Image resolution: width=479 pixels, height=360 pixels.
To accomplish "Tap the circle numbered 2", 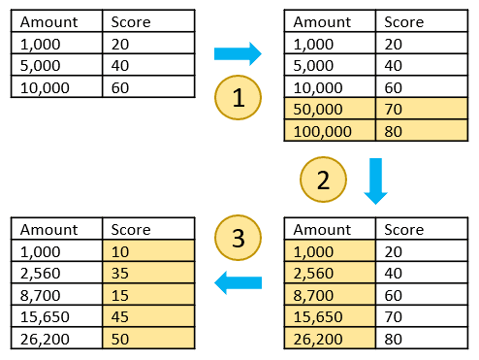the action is (322, 180).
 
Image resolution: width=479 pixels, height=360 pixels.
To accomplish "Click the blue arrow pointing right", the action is (238, 52).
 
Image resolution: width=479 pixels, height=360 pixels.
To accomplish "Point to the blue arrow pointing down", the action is (374, 181).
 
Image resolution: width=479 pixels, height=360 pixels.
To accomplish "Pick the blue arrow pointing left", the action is (238, 283).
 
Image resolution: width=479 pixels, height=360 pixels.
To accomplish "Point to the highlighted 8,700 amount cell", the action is (329, 295).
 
